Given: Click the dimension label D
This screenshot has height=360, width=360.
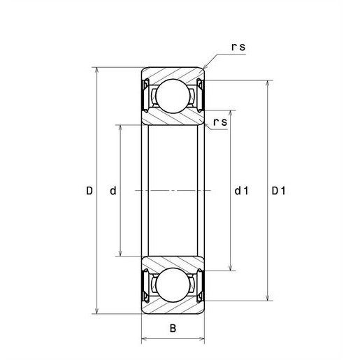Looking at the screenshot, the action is pyautogui.click(x=89, y=191).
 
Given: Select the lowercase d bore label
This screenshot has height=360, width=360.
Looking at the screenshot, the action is pyautogui.click(x=113, y=191).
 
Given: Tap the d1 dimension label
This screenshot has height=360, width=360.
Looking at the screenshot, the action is pyautogui.click(x=241, y=191).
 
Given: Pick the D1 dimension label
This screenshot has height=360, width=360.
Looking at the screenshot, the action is pyautogui.click(x=278, y=191).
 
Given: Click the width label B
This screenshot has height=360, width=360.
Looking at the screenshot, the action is pyautogui.click(x=173, y=329).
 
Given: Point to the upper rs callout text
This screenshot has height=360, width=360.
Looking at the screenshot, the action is pyautogui.click(x=238, y=47).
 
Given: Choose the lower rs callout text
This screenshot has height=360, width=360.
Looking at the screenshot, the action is pyautogui.click(x=220, y=122).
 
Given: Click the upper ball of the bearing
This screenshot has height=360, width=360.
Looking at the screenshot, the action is pyautogui.click(x=173, y=96).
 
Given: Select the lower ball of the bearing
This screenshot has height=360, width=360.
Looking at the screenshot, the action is pyautogui.click(x=173, y=285).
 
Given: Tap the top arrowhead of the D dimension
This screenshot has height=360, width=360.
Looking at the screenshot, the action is pyautogui.click(x=97, y=70).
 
